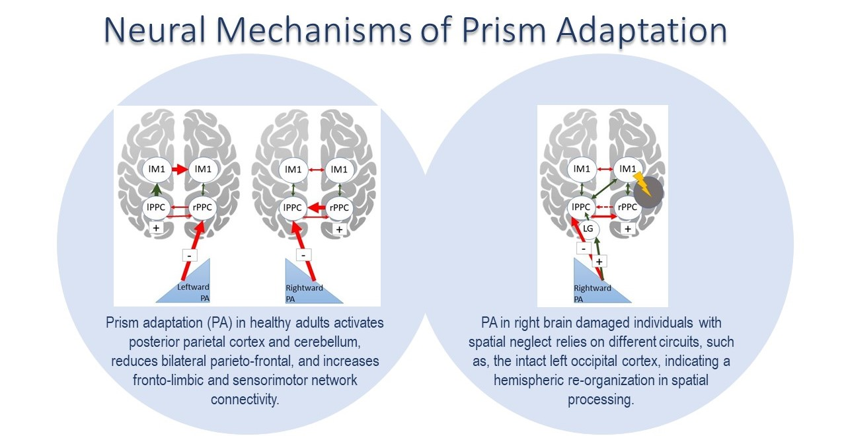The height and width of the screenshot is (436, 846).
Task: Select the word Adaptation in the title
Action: [650, 30]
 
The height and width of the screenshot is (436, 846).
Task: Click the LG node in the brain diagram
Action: [588, 229]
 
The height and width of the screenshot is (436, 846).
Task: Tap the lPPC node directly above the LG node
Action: [582, 207]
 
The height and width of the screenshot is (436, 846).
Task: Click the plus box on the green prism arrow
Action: [599, 261]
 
